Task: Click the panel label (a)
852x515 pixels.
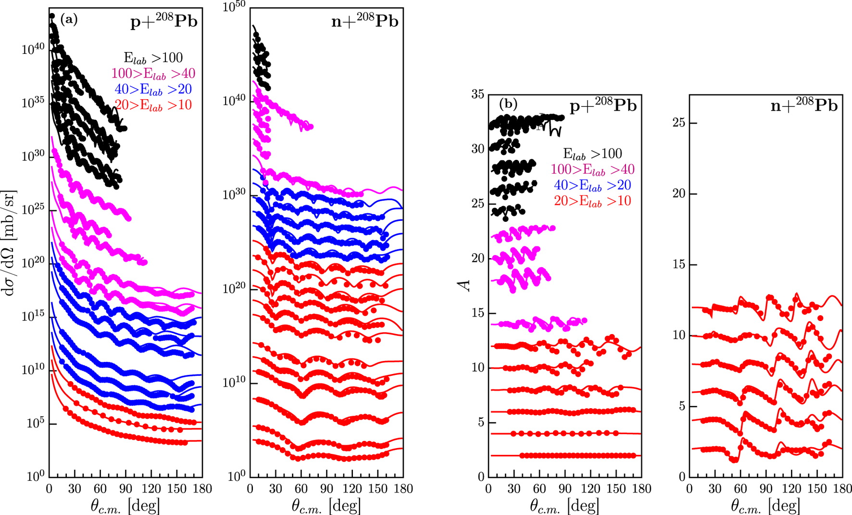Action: tap(69, 19)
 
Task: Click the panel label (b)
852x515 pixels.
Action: tap(508, 103)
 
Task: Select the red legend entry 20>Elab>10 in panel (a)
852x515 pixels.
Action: tap(153, 105)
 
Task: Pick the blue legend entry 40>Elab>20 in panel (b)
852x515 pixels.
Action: tap(592, 185)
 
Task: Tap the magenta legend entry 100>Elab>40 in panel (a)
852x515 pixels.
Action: tap(153, 74)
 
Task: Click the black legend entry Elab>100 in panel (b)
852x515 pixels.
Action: tap(592, 154)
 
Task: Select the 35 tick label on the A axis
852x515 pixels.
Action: tap(477, 94)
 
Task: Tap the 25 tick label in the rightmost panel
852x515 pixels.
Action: tap(678, 123)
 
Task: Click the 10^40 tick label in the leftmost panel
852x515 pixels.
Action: tap(33, 49)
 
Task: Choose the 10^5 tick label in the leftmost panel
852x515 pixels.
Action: tap(35, 424)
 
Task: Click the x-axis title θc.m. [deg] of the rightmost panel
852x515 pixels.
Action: tap(765, 506)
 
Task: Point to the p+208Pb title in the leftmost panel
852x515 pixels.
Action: tap(164, 22)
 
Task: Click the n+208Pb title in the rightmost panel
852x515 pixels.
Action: tap(804, 105)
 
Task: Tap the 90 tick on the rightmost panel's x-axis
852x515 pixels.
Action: tap(765, 489)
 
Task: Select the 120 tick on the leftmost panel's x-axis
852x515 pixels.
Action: tap(151, 489)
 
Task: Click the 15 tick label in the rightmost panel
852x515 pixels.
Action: tap(678, 265)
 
